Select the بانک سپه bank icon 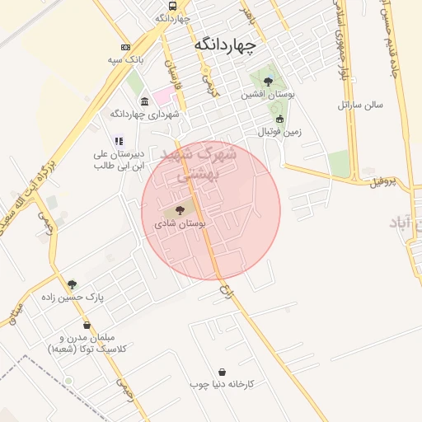(125, 47)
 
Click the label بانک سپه (125, 60)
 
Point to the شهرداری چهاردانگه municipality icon (145, 101)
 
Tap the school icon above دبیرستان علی (119, 141)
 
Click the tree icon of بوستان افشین (268, 81)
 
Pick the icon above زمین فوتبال (279, 119)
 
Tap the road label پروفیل (383, 181)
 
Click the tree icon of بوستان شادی (181, 211)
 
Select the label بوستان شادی (179, 224)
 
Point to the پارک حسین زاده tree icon (72, 284)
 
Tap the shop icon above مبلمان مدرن (87, 325)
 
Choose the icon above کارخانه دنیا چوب (223, 372)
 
